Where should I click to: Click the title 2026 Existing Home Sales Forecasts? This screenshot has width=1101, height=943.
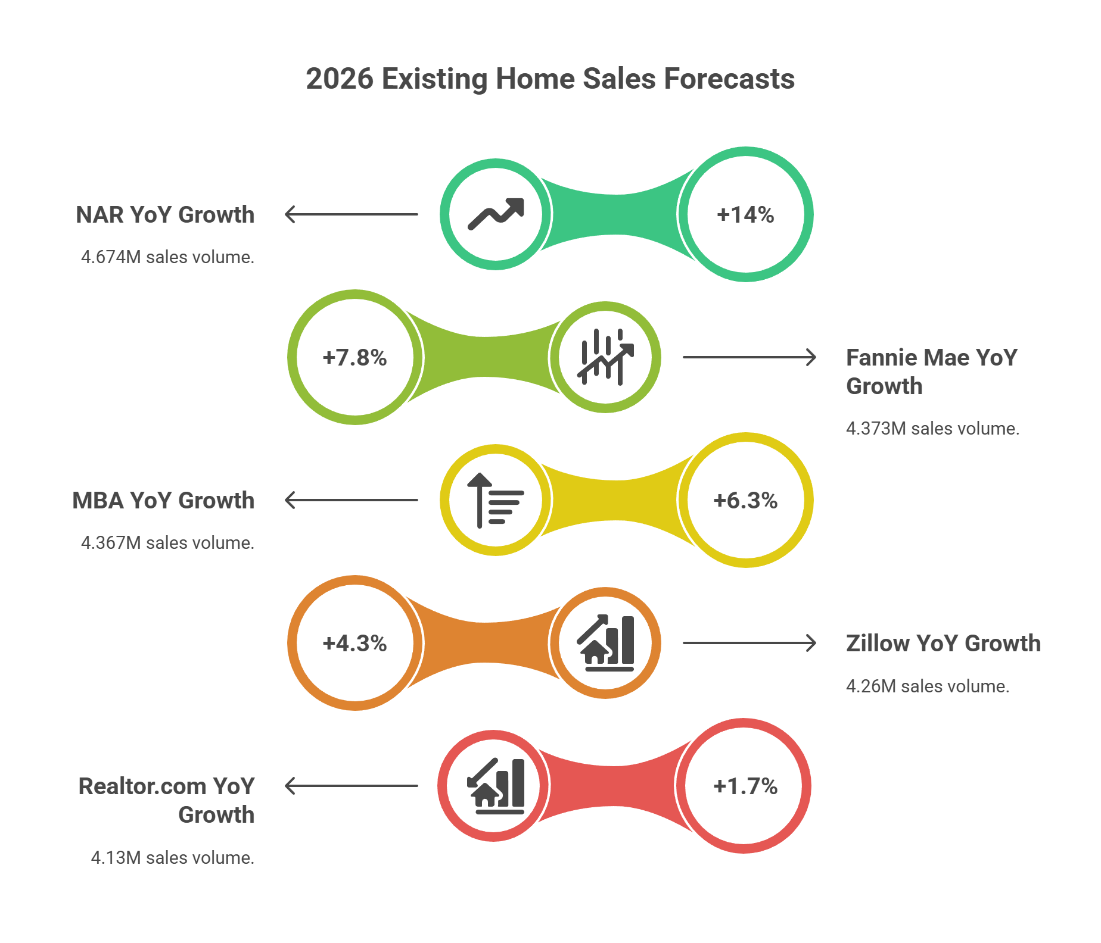pyautogui.click(x=550, y=79)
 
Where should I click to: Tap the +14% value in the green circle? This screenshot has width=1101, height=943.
pyautogui.click(x=745, y=214)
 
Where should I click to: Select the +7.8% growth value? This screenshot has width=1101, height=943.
pyautogui.click(x=354, y=357)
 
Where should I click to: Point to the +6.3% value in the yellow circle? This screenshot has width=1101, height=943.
pyautogui.click(x=745, y=500)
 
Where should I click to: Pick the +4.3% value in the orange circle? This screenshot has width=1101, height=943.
pyautogui.click(x=354, y=643)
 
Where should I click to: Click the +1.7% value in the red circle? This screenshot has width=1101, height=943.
pyautogui.click(x=745, y=786)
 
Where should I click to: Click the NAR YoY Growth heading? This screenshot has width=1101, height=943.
pyautogui.click(x=165, y=214)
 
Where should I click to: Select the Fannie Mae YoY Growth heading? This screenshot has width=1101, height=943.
pyautogui.click(x=931, y=371)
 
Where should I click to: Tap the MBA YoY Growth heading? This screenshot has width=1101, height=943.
pyautogui.click(x=163, y=500)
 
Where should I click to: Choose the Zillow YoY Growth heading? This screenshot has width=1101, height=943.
pyautogui.click(x=943, y=643)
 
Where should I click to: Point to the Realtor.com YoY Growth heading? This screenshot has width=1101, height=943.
pyautogui.click(x=167, y=800)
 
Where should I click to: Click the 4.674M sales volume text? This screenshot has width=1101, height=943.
pyautogui.click(x=167, y=257)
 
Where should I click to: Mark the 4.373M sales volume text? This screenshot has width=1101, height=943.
pyautogui.click(x=932, y=428)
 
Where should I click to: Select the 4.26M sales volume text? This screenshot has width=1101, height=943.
pyautogui.click(x=928, y=686)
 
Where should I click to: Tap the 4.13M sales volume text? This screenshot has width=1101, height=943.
pyautogui.click(x=172, y=857)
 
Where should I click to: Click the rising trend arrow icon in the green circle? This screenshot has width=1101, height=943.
pyautogui.click(x=496, y=214)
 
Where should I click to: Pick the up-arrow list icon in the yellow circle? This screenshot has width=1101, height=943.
pyautogui.click(x=494, y=500)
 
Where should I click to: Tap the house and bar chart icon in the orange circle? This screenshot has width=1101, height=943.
pyautogui.click(x=605, y=643)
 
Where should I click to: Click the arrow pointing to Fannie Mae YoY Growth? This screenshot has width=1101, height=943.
pyautogui.click(x=749, y=357)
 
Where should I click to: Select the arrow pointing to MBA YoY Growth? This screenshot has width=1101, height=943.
pyautogui.click(x=352, y=500)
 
